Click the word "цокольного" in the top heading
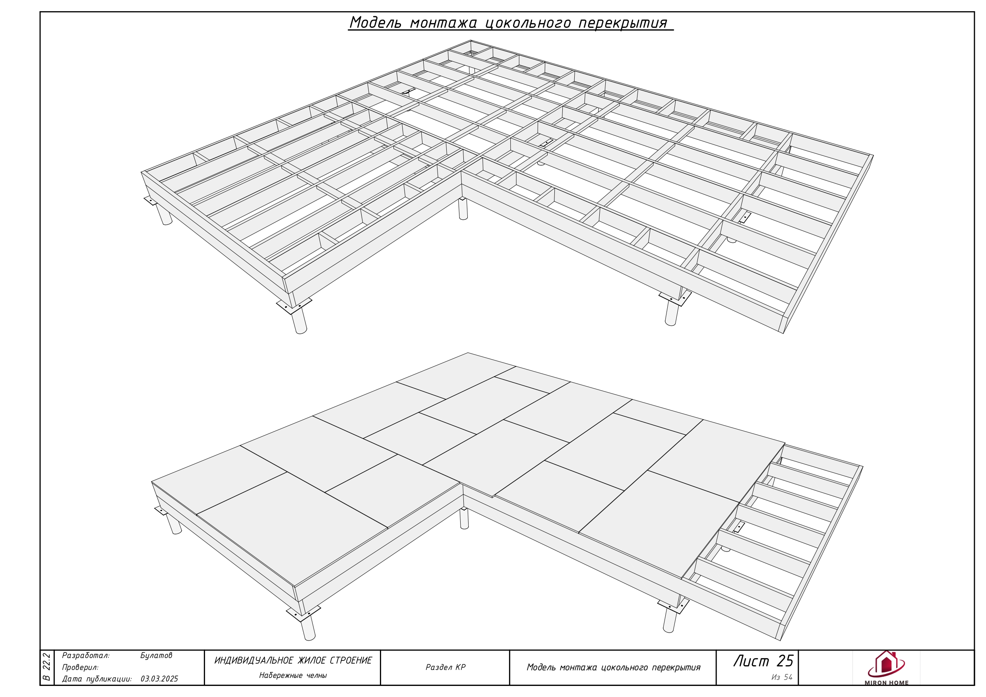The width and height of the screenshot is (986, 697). (x=528, y=23)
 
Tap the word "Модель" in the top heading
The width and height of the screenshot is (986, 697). (x=375, y=22)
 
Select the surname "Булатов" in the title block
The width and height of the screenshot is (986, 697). (x=156, y=655)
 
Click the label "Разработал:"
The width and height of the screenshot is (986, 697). (x=86, y=656)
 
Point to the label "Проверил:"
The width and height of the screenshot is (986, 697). (x=80, y=667)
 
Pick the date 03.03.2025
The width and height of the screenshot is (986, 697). (x=159, y=679)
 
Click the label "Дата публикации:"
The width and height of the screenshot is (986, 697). (x=97, y=680)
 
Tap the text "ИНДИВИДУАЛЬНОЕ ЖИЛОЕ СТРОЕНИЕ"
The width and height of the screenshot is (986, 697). (x=293, y=660)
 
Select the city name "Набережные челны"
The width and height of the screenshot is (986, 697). (x=293, y=676)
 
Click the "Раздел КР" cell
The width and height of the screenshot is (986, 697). (x=446, y=667)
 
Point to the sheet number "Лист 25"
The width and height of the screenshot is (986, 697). (x=763, y=661)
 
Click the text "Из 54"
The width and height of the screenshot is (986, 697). (x=782, y=677)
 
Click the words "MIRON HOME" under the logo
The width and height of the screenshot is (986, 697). (x=886, y=683)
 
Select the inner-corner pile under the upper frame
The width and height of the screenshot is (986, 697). (x=463, y=209)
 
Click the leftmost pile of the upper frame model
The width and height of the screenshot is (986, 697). (x=163, y=214)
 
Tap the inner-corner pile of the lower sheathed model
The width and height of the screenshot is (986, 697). (x=464, y=518)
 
